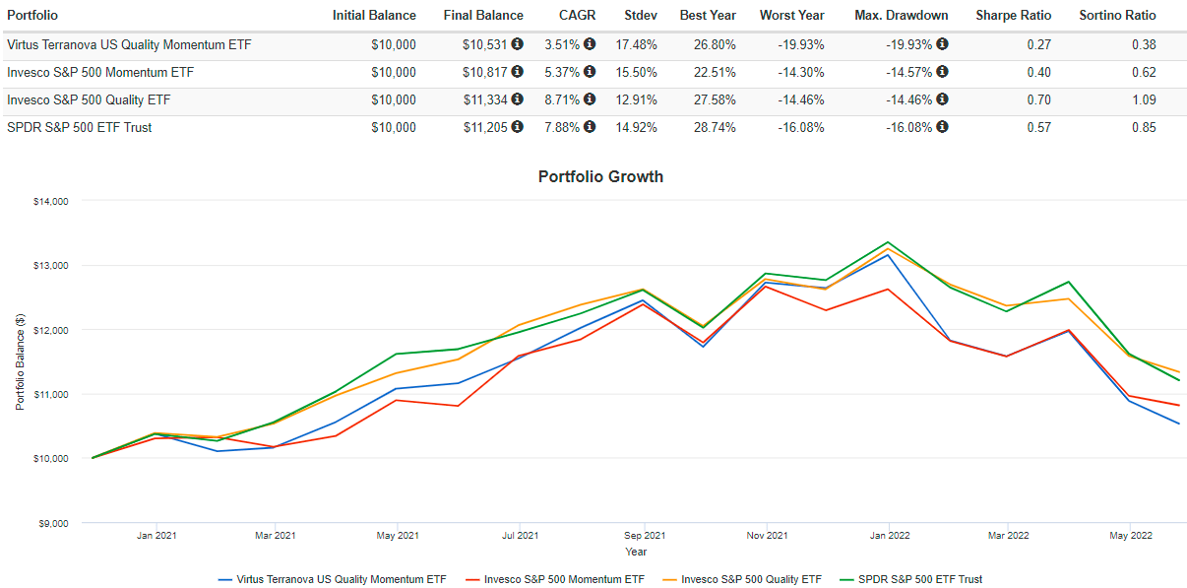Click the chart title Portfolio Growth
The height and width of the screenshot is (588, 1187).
pyautogui.click(x=600, y=177)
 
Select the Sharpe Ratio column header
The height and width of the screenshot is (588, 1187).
pyautogui.click(x=1013, y=16)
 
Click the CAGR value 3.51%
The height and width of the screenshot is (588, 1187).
pyautogui.click(x=562, y=44)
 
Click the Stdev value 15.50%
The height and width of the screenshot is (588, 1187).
pyautogui.click(x=639, y=72)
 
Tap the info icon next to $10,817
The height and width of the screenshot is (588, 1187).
pyautogui.click(x=518, y=72)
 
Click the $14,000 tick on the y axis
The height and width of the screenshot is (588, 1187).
pyautogui.click(x=50, y=201)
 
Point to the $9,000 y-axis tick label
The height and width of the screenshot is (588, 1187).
pyautogui.click(x=53, y=523)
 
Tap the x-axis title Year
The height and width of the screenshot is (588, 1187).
pyautogui.click(x=636, y=552)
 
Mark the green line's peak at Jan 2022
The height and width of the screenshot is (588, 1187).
pyautogui.click(x=888, y=242)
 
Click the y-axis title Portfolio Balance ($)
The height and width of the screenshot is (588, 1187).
pyautogui.click(x=19, y=362)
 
